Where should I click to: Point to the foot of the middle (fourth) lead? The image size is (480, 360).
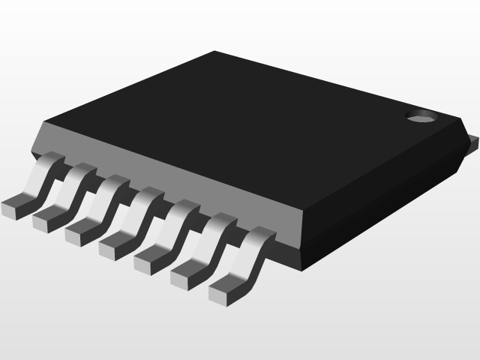[x=113, y=247]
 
